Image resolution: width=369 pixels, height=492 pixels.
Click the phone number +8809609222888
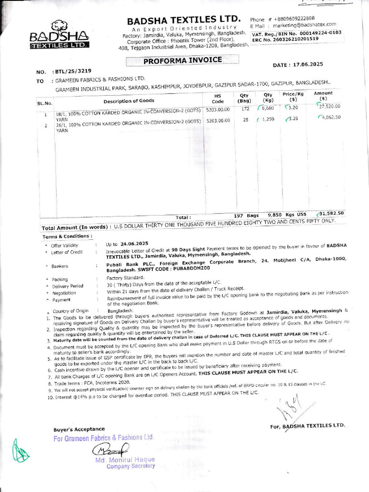click(x=295, y=18)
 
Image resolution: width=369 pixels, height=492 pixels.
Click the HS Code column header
click(x=218, y=98)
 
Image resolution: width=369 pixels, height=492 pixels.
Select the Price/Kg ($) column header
click(x=293, y=97)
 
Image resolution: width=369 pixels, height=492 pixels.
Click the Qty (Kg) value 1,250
click(x=267, y=119)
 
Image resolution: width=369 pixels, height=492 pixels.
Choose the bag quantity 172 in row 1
click(x=245, y=109)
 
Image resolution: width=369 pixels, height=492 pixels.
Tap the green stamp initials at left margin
click(x=20, y=450)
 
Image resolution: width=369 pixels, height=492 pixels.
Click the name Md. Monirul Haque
click(x=125, y=460)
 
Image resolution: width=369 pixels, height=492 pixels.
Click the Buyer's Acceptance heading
click(x=79, y=429)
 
